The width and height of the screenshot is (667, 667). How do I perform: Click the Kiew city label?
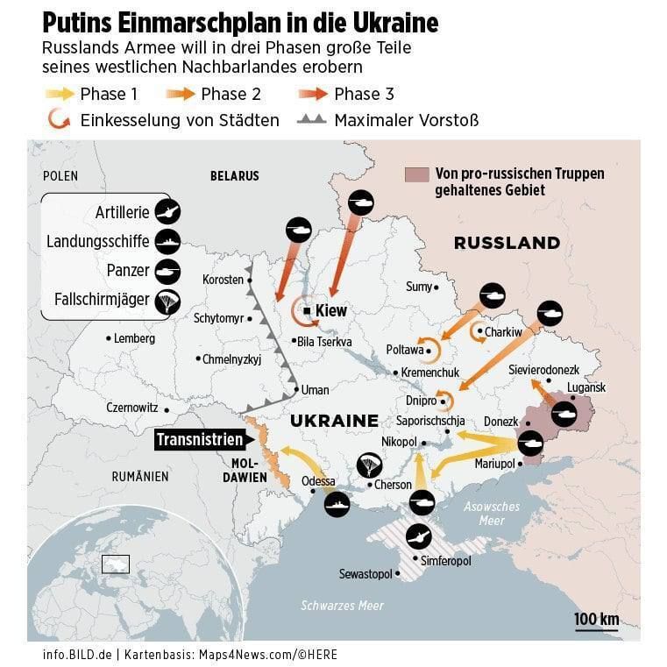click(x=330, y=310)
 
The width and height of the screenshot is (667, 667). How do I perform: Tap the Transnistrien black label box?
click(x=199, y=440)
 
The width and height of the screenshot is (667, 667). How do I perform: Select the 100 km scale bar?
click(x=596, y=621)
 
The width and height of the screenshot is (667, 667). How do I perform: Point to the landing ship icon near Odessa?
click(x=337, y=504)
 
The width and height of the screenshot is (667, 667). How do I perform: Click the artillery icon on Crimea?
click(x=419, y=536)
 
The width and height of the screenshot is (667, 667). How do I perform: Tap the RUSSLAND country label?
click(x=507, y=243)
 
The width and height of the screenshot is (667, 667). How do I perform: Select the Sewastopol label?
click(x=366, y=574)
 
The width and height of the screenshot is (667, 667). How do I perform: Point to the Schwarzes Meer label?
click(x=342, y=606)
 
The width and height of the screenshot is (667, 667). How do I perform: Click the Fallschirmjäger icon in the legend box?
click(x=167, y=302)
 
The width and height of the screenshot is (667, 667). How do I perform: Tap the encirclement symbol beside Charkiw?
click(x=479, y=332)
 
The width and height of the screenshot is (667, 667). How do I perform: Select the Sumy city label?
click(x=419, y=287)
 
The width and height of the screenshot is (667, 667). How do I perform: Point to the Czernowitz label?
click(x=131, y=408)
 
